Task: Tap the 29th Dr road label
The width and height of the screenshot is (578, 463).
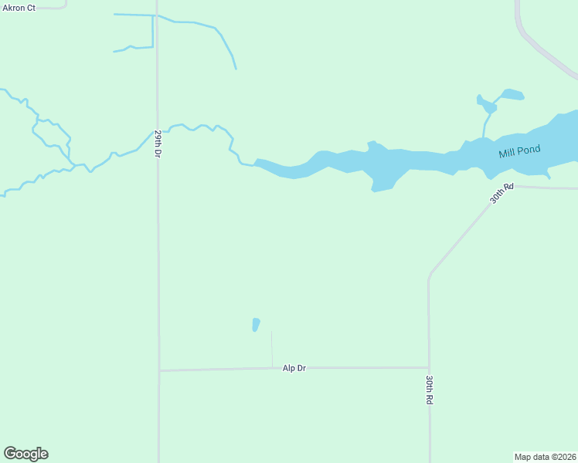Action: point(158,144)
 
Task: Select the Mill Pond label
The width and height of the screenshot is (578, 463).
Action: point(519,151)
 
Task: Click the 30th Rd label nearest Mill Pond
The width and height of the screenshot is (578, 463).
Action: point(501,193)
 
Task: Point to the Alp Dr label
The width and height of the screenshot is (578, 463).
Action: point(294,368)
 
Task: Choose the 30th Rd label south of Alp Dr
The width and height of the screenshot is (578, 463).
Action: point(429,390)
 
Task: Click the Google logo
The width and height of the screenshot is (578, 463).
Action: point(26,454)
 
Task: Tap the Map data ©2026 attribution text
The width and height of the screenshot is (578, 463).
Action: point(546,457)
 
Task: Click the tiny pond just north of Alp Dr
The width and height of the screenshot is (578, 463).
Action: point(256,324)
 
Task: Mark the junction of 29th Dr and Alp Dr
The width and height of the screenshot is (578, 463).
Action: point(159,370)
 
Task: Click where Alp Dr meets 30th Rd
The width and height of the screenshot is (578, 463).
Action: point(429,367)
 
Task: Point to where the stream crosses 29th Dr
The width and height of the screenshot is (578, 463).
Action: point(157,132)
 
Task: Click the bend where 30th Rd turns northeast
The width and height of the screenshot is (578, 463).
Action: point(430,274)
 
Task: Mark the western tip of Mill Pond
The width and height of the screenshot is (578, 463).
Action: point(256,161)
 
